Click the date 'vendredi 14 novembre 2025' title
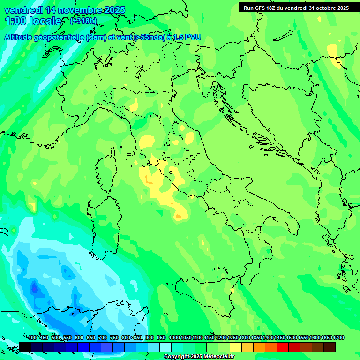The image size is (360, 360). tap(65, 10)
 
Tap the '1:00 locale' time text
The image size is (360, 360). tap(33, 21)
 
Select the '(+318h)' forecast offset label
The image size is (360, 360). tap(83, 21)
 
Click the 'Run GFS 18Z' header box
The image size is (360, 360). tap(296, 7)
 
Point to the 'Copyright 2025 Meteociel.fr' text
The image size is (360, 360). tap(199, 357)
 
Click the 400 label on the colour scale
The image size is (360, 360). tap(32, 338)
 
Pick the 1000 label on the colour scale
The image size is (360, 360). tap(174, 338)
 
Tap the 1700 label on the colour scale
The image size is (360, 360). tap(338, 338)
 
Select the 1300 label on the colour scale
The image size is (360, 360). tap(245, 338)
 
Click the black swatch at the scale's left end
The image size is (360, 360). tap(25, 347)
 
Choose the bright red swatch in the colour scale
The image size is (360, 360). tap(283, 347)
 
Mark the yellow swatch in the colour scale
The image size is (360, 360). tap(236, 347)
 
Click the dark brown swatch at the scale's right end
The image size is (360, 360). tap(330, 347)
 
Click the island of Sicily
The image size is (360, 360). tap(206, 295)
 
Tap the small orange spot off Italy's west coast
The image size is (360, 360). tap(179, 216)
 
